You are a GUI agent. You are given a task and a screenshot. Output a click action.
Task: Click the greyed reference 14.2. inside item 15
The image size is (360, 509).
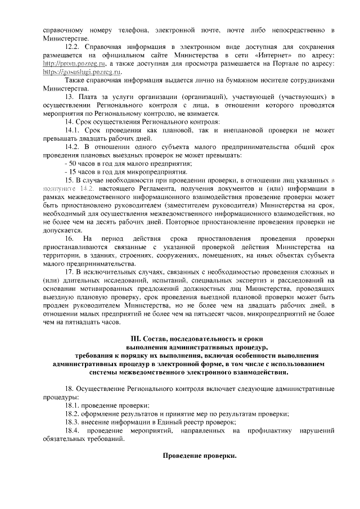point(88,188)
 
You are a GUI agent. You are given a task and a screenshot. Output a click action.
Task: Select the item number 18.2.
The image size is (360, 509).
point(74,414)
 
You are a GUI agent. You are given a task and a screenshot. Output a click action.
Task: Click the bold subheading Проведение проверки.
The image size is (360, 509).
point(200,455)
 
